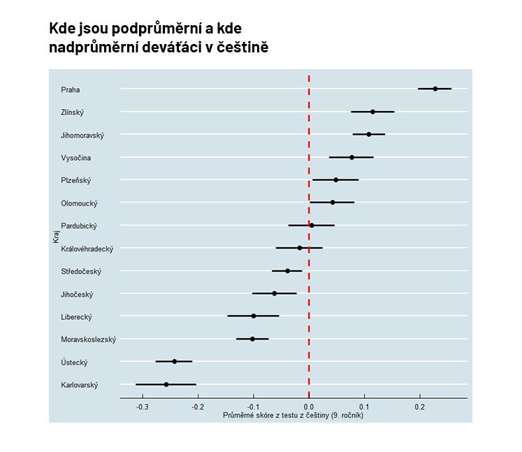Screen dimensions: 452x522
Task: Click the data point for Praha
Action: tap(435, 89)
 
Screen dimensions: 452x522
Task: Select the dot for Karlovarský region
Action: tap(166, 384)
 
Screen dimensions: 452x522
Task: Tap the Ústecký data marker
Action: tap(175, 361)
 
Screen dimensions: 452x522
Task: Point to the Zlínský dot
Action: tap(372, 112)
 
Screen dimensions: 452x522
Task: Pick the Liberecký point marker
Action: tap(254, 316)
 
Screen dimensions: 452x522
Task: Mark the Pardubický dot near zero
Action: tap(312, 225)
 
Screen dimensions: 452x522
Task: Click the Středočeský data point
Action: tap(287, 270)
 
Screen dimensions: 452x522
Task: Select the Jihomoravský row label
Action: tap(82, 135)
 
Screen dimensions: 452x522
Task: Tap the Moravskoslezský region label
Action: tap(89, 340)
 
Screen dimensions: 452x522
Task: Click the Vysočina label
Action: tap(76, 158)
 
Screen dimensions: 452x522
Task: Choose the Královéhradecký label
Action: tap(87, 249)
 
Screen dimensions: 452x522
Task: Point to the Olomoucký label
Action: tap(79, 203)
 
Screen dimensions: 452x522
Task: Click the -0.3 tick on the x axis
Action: tap(143, 406)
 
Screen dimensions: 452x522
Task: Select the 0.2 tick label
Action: tap(419, 406)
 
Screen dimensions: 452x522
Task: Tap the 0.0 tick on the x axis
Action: tap(309, 406)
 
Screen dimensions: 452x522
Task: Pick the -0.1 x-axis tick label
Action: tap(253, 406)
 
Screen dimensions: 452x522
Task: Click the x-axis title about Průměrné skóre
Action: tap(293, 415)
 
